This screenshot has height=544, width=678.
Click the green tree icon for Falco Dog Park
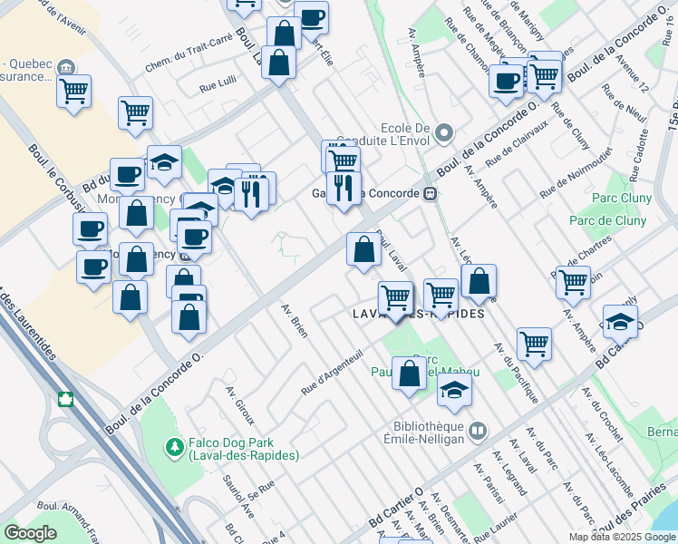pos(173,446)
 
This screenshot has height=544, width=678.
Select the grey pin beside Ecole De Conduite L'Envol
pos(443,134)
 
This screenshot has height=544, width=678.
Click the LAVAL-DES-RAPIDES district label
pos(417,314)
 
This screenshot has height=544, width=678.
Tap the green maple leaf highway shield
pos(65,399)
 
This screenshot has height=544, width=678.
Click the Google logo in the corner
pos(30,533)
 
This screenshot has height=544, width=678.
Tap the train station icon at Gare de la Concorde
pos(432,193)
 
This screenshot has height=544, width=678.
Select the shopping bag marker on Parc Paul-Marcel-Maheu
pos(409,374)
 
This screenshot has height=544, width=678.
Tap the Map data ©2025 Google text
pos(621,537)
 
